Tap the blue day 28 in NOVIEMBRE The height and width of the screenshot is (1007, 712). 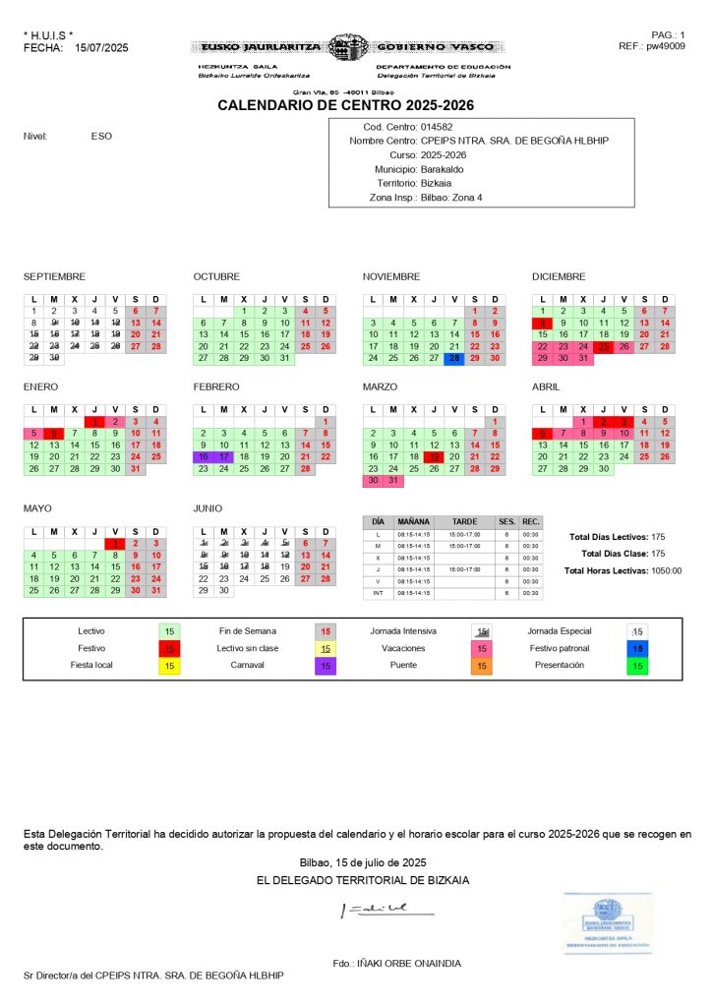[x=454, y=359]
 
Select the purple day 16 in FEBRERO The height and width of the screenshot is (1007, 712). [x=203, y=456]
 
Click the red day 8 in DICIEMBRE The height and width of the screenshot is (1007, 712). [x=542, y=323]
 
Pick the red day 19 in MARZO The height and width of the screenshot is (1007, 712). [x=434, y=456]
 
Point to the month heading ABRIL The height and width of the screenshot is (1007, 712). [x=545, y=387]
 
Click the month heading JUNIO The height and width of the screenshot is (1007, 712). [x=208, y=508]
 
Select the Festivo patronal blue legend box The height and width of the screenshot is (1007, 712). [x=637, y=649]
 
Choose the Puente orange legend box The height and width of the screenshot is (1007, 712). [x=482, y=666]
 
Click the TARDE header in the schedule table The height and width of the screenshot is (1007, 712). [x=464, y=521]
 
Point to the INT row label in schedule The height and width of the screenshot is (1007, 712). [x=379, y=593]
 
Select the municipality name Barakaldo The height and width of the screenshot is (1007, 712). [x=443, y=169]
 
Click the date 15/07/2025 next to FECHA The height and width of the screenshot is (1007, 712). [x=101, y=47]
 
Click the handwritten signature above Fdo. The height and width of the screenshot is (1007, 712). [x=379, y=910]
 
